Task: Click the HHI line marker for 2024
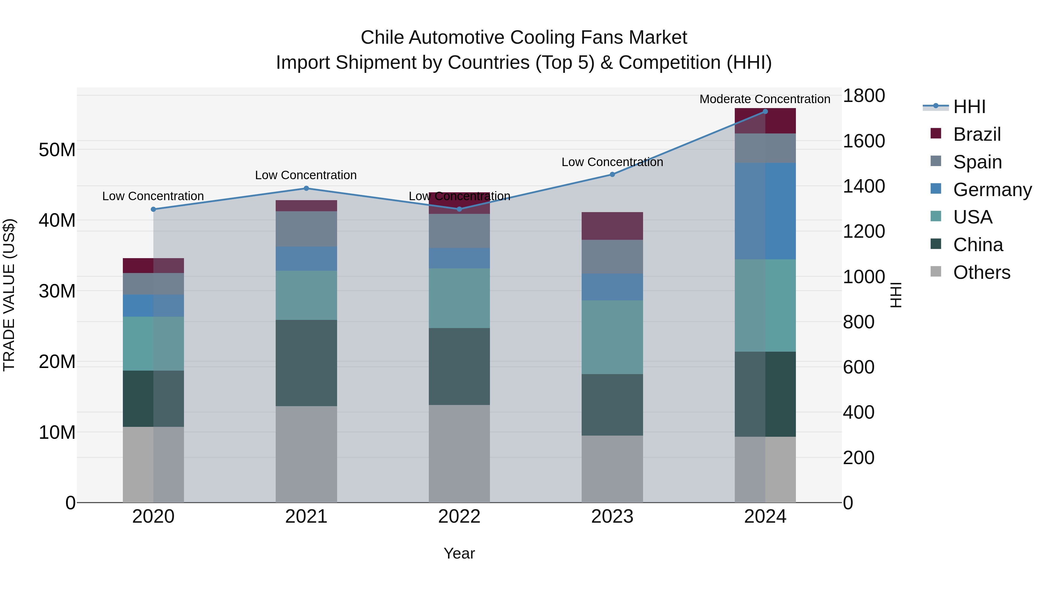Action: tap(765, 112)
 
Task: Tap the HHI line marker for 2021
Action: tap(306, 188)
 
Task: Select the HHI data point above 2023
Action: tap(612, 174)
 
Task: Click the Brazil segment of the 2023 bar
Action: tap(612, 226)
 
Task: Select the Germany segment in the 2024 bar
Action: tap(765, 211)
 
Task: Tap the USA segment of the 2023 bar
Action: tap(612, 337)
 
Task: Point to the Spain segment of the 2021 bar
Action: tap(306, 228)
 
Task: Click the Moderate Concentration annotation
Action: tap(764, 99)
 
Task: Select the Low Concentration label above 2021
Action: tap(306, 175)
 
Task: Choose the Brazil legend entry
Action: tap(976, 134)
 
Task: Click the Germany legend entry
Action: tap(992, 190)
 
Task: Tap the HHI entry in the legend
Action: tap(969, 107)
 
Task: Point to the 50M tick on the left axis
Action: tap(57, 150)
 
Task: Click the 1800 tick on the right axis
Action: tap(863, 96)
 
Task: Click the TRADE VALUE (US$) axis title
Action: tap(9, 295)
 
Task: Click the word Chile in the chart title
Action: tap(383, 38)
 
